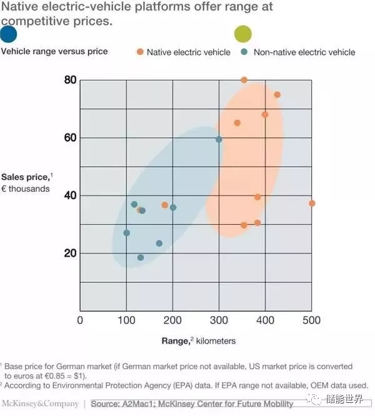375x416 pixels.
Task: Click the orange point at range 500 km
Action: (312, 203)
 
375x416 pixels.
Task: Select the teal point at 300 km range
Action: (219, 139)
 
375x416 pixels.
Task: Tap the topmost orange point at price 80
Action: (244, 80)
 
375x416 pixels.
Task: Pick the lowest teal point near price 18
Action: (141, 257)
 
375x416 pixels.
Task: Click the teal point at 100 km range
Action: (126, 233)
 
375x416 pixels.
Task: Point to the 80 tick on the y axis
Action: (69, 80)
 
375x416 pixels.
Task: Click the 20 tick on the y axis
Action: (69, 254)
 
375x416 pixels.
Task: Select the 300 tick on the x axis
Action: (219, 320)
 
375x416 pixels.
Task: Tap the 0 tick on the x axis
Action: (80, 320)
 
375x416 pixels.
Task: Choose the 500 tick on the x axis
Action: (311, 320)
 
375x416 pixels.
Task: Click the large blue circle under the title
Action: (9, 34)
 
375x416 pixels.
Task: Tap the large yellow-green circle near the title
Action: (242, 34)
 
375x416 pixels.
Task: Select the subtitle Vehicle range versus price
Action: (54, 51)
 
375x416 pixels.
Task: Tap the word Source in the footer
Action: (105, 404)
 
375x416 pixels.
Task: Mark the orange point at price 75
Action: (277, 95)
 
